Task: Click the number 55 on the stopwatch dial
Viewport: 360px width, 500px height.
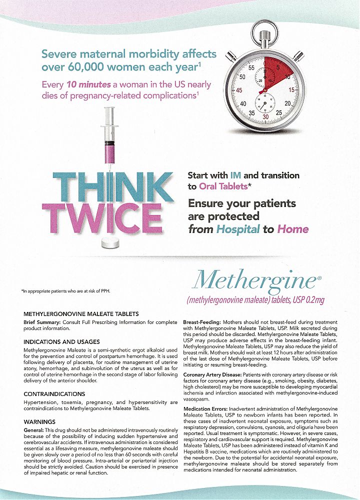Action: (251, 67)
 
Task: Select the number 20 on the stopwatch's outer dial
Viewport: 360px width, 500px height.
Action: (288, 103)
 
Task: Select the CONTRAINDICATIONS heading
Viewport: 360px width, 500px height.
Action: (54, 394)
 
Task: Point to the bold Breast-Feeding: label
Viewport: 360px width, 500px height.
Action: (202, 322)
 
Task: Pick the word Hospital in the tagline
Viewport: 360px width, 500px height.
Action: (238, 229)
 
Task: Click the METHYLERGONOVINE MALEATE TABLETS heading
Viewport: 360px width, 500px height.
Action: (81, 314)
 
